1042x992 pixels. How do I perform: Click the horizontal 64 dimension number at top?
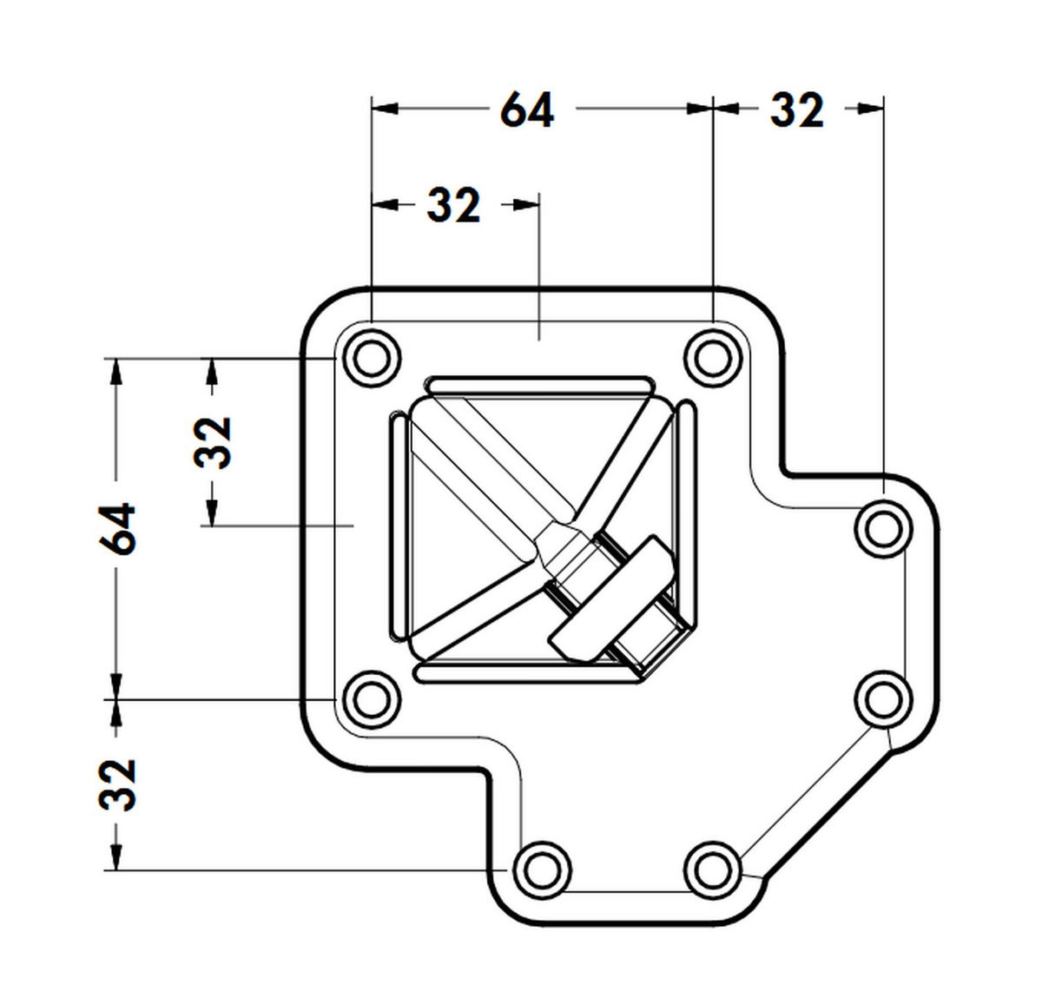(x=527, y=110)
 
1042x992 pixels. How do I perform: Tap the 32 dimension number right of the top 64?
(x=796, y=110)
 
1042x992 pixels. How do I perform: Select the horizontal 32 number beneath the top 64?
(x=453, y=206)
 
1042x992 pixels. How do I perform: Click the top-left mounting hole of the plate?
(x=373, y=357)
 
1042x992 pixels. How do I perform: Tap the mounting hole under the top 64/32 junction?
(x=712, y=357)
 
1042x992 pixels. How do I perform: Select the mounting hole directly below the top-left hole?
(x=373, y=698)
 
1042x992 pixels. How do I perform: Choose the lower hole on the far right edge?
(x=882, y=698)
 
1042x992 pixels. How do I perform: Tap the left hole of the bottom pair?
(x=542, y=869)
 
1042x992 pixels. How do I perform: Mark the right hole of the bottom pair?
(x=712, y=869)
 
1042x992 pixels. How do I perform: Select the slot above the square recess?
(x=538, y=385)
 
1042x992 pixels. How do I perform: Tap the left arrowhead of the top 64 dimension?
(x=383, y=109)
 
